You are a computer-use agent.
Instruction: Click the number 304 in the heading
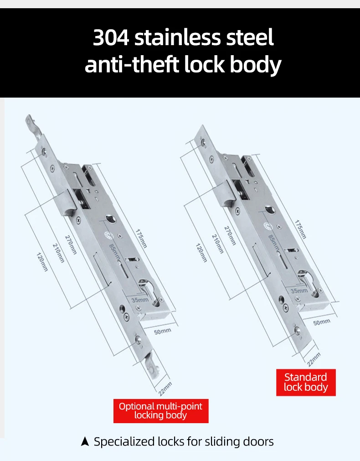click(x=111, y=37)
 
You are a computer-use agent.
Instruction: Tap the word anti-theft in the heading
click(x=132, y=64)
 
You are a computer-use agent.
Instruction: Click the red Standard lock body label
click(x=306, y=382)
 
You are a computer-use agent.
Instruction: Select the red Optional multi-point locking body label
click(x=161, y=411)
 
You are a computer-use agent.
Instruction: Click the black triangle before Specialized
click(x=85, y=441)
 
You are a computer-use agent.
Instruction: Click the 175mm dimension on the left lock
click(x=141, y=238)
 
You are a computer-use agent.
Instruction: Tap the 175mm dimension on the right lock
click(x=300, y=229)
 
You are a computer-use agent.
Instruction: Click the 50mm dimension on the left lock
click(x=163, y=332)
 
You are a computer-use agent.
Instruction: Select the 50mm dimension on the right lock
click(x=322, y=322)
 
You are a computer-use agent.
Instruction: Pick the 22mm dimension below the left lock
click(x=165, y=389)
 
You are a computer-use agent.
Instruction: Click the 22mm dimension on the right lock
click(x=314, y=360)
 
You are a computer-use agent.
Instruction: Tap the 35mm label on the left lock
click(x=140, y=300)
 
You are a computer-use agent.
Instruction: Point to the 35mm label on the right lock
click(x=299, y=291)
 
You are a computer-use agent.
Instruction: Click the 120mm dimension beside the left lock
click(x=42, y=262)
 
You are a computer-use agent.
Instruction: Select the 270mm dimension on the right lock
click(x=230, y=235)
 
